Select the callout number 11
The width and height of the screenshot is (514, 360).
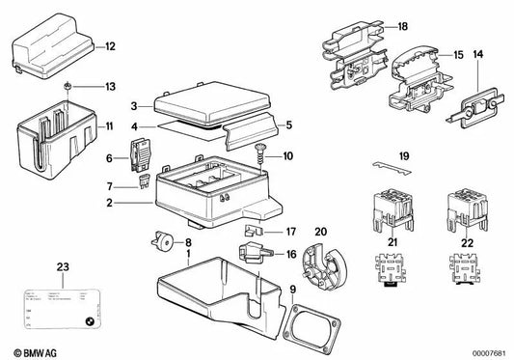pos(109,126)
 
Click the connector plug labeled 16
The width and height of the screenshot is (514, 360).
pos(258,254)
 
